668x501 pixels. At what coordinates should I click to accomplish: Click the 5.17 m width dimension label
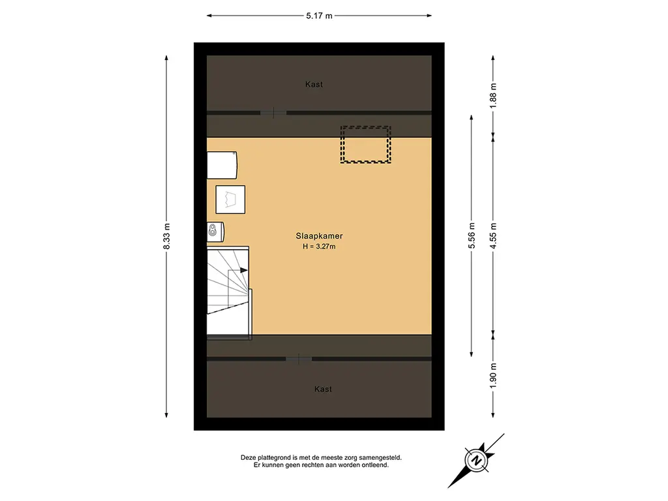[x=319, y=16]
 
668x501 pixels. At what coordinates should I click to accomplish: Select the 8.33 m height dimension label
[x=166, y=236]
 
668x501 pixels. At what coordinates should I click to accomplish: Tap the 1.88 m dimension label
[x=493, y=95]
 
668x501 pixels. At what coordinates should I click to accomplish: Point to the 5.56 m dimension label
[x=472, y=236]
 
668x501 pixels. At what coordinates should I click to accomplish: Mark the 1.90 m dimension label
[x=493, y=375]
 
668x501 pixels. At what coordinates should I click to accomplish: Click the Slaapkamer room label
[x=319, y=236]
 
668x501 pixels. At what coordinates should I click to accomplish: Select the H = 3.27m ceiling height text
[x=319, y=246]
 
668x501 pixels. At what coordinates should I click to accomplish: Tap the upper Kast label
[x=314, y=84]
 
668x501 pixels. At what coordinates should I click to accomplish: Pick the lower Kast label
[x=323, y=389]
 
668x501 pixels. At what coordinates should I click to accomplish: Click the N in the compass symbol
[x=476, y=461]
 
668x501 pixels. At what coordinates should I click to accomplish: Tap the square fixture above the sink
[x=230, y=200]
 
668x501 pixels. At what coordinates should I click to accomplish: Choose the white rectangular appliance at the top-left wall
[x=222, y=165]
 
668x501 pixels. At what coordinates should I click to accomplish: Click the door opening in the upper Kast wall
[x=273, y=113]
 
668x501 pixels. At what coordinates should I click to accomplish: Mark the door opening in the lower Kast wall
[x=299, y=359]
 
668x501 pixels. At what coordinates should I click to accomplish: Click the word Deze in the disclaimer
[x=249, y=458]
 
